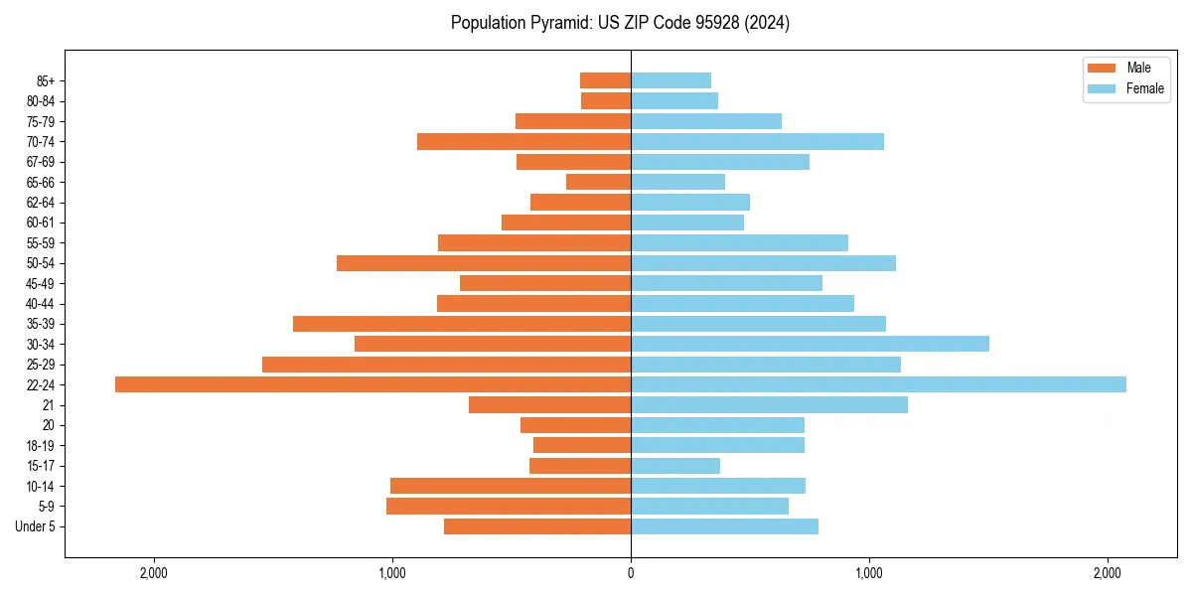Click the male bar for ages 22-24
tap(372, 384)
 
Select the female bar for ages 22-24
tap(878, 384)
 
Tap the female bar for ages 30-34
tap(810, 344)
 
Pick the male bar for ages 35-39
tap(462, 324)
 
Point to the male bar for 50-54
tap(484, 263)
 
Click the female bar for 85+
tap(670, 80)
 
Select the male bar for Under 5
tap(537, 526)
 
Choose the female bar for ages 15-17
tap(675, 466)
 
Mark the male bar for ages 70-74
tap(523, 141)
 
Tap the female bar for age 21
tap(769, 405)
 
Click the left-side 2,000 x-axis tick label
tap(153, 574)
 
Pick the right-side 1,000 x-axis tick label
tap(869, 574)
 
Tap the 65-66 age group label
tap(41, 182)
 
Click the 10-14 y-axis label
tap(41, 486)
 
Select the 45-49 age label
tap(41, 283)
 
